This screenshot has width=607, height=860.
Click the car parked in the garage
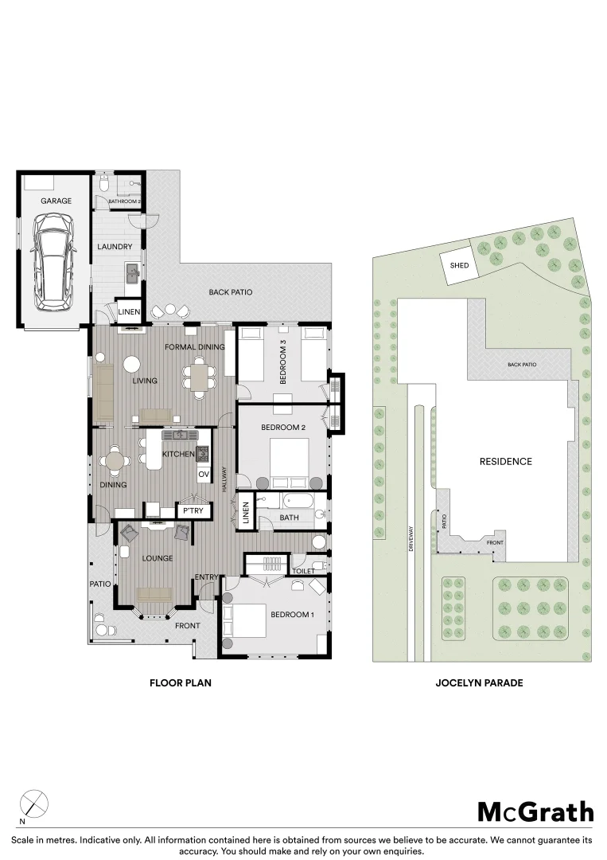[x=53, y=262]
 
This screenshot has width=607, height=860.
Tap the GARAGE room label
[x=56, y=201]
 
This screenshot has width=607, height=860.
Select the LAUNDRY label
[x=115, y=246]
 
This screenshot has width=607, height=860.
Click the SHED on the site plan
[x=459, y=265]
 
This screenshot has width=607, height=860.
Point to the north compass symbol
[x=33, y=804]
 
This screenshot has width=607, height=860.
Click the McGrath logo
[x=535, y=811]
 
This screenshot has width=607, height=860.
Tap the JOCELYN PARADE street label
[x=479, y=683]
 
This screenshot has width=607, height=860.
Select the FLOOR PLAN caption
[x=181, y=683]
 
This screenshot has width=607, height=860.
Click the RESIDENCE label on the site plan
[x=506, y=461]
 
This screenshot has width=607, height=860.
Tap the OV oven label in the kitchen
[x=204, y=474]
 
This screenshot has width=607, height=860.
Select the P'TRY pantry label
[x=193, y=510]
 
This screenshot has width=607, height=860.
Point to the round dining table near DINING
[x=115, y=459]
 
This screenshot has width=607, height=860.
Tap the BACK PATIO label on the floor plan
[x=231, y=291]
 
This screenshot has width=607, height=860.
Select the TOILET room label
[x=304, y=571]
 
